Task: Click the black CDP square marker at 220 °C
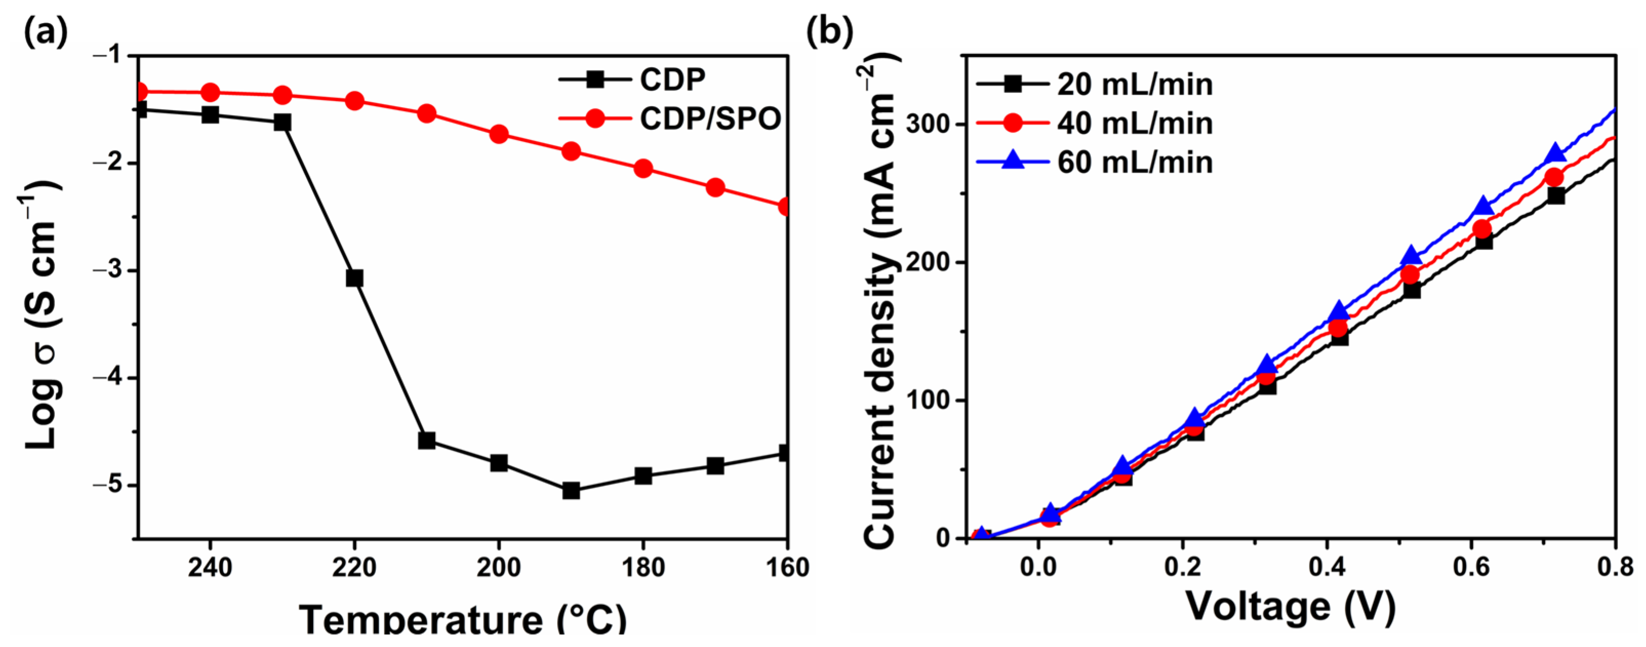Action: (354, 278)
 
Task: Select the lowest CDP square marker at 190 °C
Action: (571, 490)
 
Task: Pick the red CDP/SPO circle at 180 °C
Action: (643, 169)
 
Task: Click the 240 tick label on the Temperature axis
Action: (210, 568)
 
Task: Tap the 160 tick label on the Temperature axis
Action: (787, 568)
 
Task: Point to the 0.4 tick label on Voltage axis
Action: (1327, 568)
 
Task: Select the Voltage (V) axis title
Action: (1291, 606)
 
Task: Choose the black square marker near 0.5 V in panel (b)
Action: (1412, 290)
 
